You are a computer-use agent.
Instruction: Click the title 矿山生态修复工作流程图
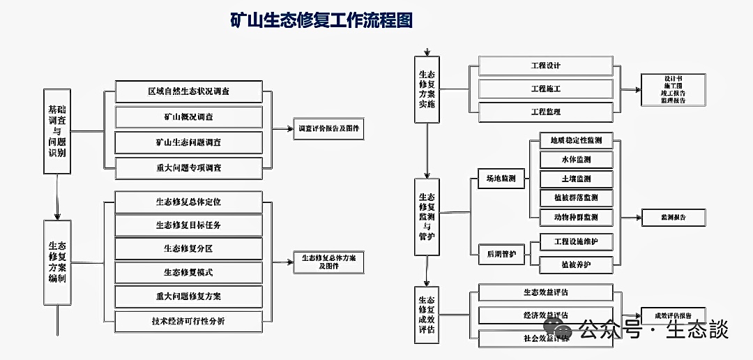click(321, 20)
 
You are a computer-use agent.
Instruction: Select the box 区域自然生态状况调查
click(188, 91)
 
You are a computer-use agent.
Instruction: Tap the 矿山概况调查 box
click(188, 117)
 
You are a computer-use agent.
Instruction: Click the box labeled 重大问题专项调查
click(188, 167)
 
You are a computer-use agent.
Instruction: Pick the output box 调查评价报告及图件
click(330, 129)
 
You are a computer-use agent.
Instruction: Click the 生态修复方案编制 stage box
click(57, 262)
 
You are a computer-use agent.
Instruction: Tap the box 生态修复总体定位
click(188, 202)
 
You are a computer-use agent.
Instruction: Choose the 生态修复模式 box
click(188, 272)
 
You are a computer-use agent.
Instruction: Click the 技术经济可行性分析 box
click(188, 320)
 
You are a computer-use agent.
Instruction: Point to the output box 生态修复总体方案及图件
click(328, 262)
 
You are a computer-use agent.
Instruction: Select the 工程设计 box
click(545, 66)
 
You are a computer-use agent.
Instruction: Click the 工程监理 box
click(545, 112)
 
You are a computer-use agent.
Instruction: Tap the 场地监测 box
click(501, 179)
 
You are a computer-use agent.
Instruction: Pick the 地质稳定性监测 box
click(576, 140)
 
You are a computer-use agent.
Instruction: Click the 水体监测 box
click(576, 160)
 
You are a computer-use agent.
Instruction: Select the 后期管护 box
click(501, 254)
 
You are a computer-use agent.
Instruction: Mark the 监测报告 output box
click(673, 218)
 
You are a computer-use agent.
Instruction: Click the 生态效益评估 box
click(545, 292)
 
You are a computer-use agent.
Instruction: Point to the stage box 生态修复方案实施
click(426, 89)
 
